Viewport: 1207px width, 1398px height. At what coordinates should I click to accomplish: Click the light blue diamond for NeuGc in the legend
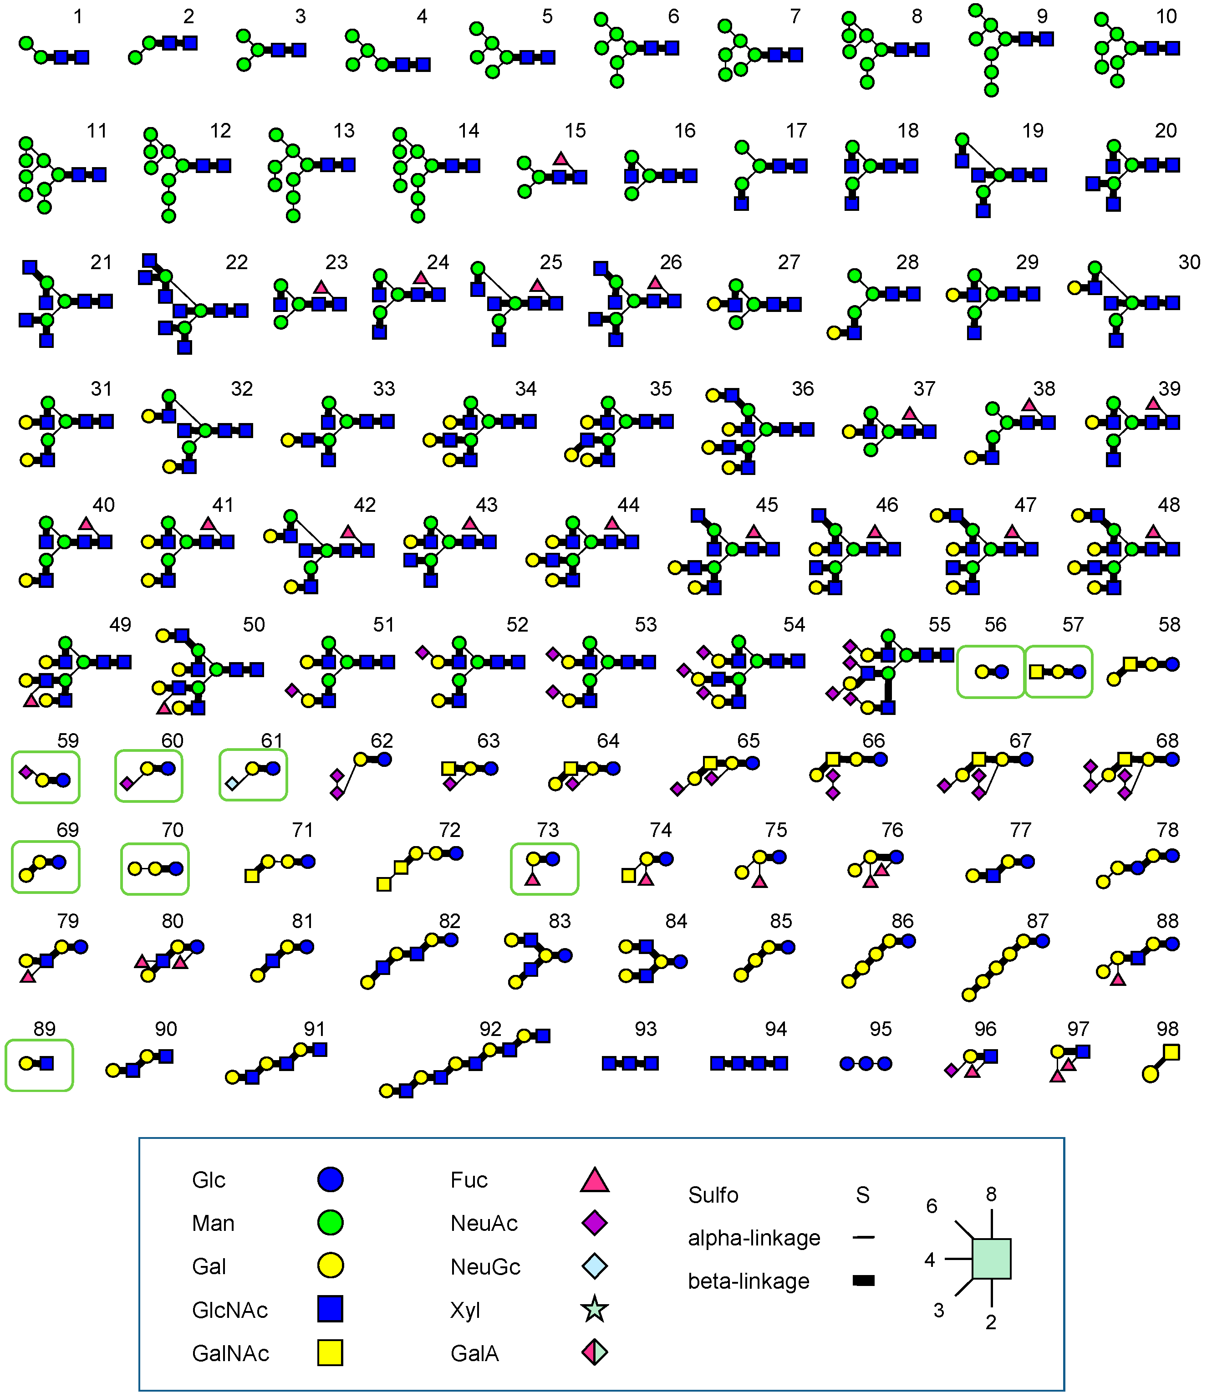tap(594, 1266)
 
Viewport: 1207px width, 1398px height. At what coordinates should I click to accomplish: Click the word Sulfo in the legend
tap(713, 1195)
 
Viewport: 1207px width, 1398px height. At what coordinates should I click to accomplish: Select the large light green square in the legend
tap(991, 1259)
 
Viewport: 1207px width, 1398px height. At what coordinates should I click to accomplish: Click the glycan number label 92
tap(490, 1029)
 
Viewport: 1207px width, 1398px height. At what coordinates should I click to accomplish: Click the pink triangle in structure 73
tap(532, 879)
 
